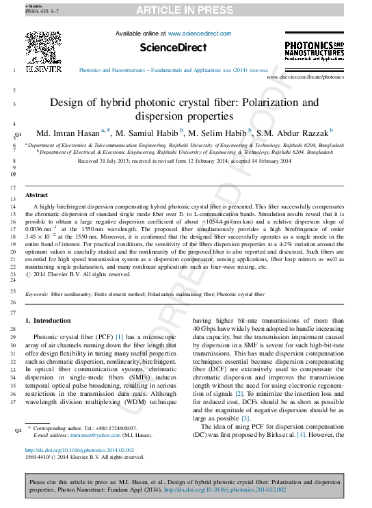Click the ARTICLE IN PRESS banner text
pyautogui.click(x=185, y=10)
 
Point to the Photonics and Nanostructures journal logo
pyautogui.click(x=314, y=51)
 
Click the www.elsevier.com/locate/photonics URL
pyautogui.click(x=305, y=78)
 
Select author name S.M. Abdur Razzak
pyautogui.click(x=295, y=132)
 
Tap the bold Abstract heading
pyautogui.click(x=36, y=195)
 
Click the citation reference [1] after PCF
pyautogui.click(x=119, y=337)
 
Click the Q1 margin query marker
pyautogui.click(x=18, y=134)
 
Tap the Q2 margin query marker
pyautogui.click(x=18, y=431)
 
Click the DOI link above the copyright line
pyautogui.click(x=79, y=451)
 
